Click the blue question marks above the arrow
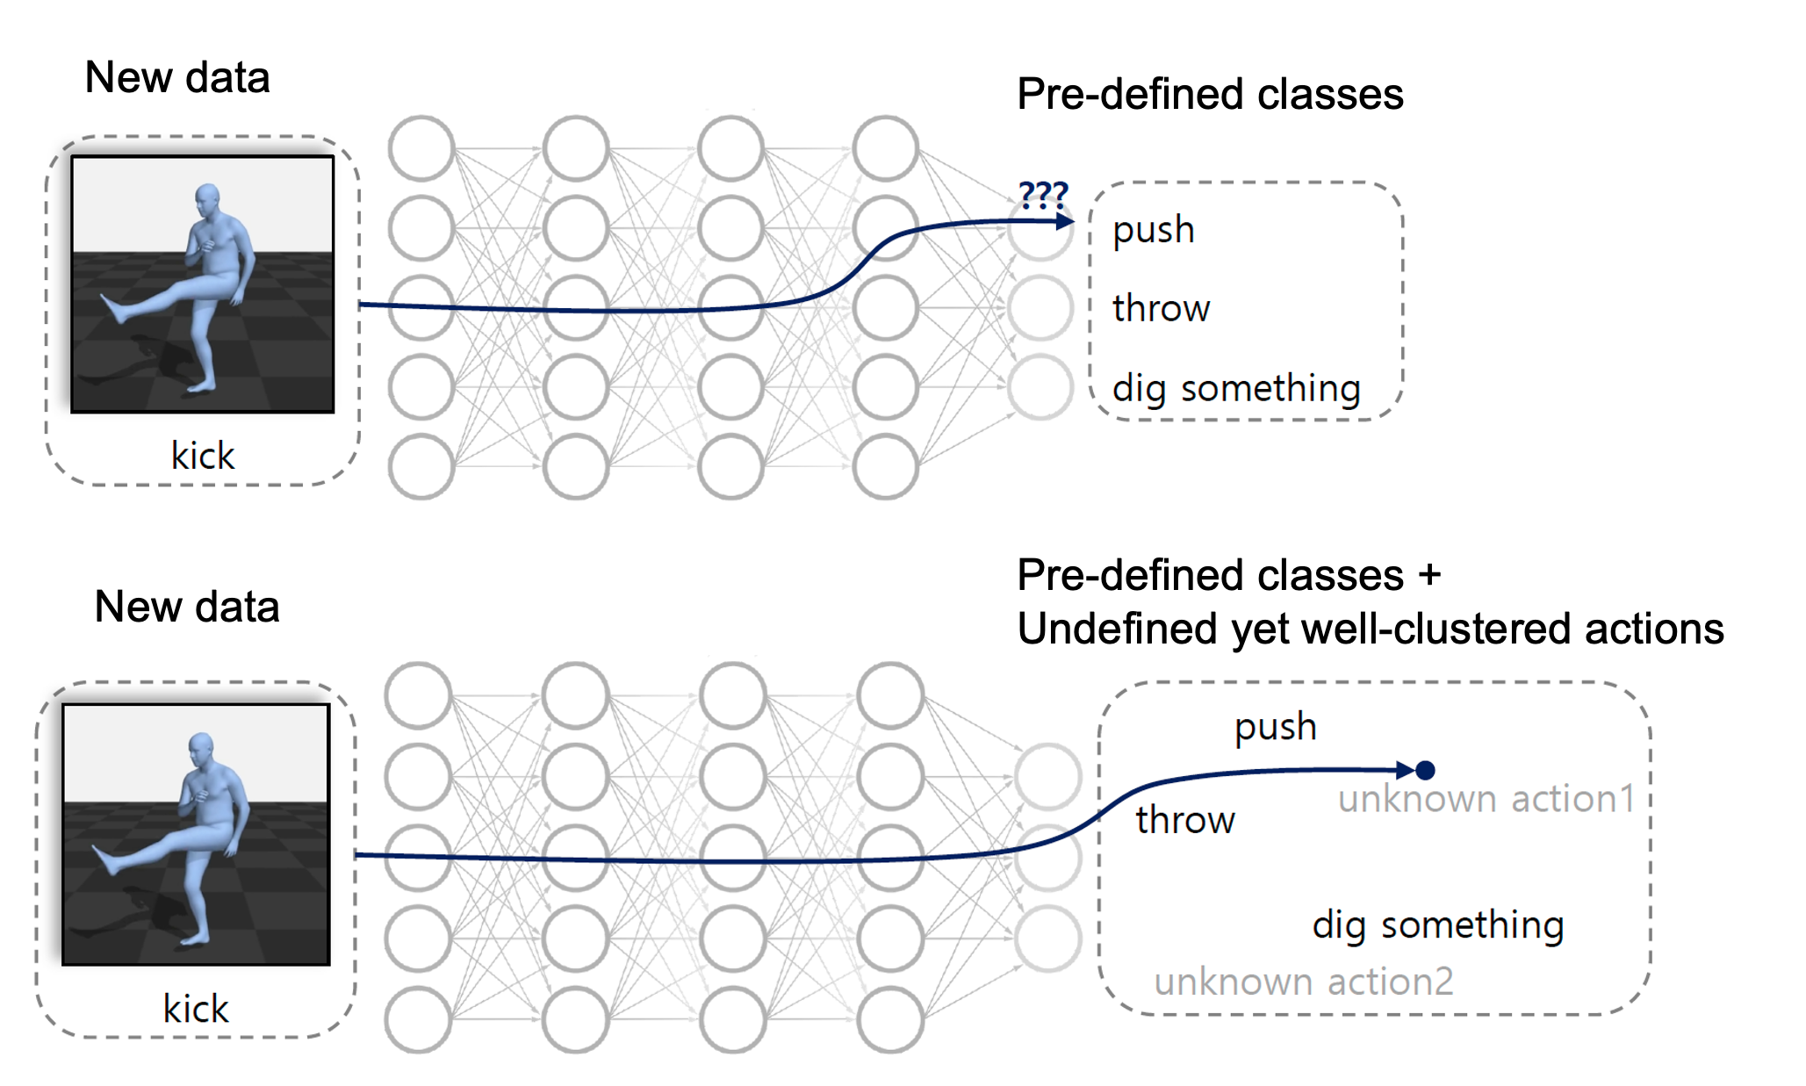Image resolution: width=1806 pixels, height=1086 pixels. tap(1043, 194)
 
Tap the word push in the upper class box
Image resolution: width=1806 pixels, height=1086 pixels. tap(1153, 230)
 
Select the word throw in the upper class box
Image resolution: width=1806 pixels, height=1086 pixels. tap(1161, 308)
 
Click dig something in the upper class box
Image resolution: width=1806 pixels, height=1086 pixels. tap(1236, 388)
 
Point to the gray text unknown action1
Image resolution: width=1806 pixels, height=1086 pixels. tap(1486, 799)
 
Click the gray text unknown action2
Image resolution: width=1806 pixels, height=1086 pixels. tap(1304, 982)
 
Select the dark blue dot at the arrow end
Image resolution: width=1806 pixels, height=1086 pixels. tap(1425, 770)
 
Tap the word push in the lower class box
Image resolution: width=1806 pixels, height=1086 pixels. tap(1275, 727)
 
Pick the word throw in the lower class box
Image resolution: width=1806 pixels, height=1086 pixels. tap(1184, 820)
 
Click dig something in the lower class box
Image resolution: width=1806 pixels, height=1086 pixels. tap(1438, 925)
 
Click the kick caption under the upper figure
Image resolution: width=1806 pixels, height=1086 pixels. tap(203, 457)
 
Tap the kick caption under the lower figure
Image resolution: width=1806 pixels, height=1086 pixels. tap(196, 1009)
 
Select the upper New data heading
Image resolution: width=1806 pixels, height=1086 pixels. tap(177, 77)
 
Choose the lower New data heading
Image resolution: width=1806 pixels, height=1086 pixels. tap(187, 607)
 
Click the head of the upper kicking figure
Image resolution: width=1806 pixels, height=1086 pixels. tap(207, 198)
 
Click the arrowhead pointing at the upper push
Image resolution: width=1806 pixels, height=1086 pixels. tap(1064, 221)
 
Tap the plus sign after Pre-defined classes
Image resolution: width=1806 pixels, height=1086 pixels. tap(1429, 575)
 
